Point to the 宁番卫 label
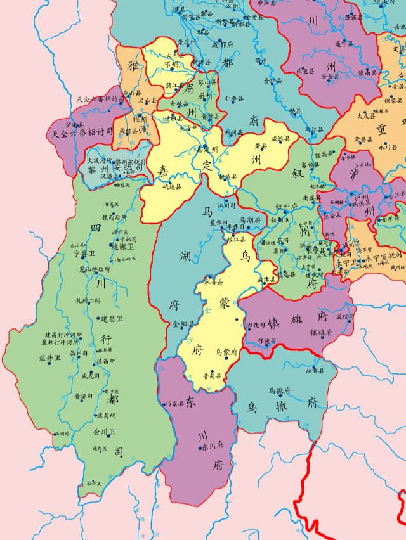click(83, 254)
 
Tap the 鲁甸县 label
click(212, 375)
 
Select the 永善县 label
click(214, 281)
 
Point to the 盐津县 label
click(266, 280)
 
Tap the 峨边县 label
click(172, 187)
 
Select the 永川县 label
click(388, 146)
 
